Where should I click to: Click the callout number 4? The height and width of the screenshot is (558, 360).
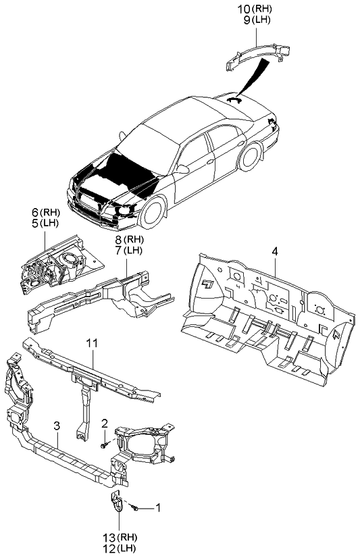(275, 252)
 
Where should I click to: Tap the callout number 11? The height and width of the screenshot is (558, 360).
(92, 343)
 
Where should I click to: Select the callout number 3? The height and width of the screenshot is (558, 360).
(57, 426)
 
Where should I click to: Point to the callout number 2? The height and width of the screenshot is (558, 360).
(105, 423)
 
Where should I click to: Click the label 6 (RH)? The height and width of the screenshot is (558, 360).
(46, 213)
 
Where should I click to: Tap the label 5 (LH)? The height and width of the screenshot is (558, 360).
(45, 224)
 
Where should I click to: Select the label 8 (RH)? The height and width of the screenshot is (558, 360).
(130, 240)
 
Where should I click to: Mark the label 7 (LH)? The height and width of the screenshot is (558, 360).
(129, 251)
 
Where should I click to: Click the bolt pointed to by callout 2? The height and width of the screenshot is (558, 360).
(104, 445)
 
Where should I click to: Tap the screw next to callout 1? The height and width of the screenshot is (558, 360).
(134, 508)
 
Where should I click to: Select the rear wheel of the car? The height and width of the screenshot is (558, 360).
(251, 157)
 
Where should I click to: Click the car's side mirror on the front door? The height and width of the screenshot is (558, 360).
(182, 169)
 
